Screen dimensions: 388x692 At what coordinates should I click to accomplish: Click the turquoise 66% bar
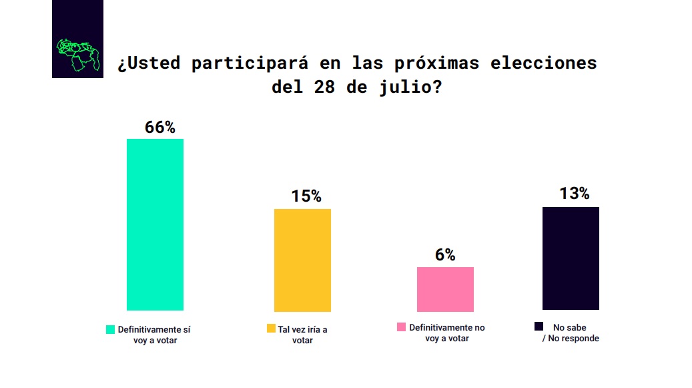(155, 224)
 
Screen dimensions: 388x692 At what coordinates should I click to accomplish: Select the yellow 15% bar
(302, 260)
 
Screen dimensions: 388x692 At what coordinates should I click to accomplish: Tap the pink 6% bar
(445, 289)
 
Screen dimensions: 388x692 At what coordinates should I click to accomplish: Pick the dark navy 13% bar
(571, 258)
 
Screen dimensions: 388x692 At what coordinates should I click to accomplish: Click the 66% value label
(159, 128)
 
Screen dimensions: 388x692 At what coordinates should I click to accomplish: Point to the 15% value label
(306, 196)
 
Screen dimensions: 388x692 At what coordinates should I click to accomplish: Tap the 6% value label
(445, 255)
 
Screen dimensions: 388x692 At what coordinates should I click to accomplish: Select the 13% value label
(574, 194)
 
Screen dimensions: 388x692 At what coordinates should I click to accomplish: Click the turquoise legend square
(111, 329)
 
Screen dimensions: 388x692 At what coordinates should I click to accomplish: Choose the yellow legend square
(271, 329)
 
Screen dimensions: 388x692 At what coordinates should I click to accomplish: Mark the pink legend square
(401, 327)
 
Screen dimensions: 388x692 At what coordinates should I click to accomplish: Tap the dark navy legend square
(539, 326)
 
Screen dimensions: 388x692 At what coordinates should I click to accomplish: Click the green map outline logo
(78, 54)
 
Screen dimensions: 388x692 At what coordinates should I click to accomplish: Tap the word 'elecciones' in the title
(543, 63)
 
